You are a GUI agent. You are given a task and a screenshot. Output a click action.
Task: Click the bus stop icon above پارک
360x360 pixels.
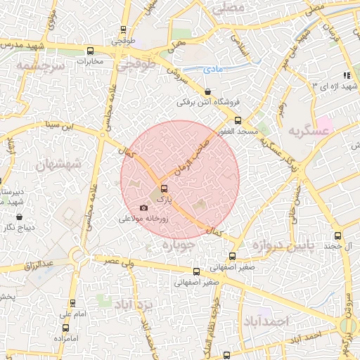coord(165,188)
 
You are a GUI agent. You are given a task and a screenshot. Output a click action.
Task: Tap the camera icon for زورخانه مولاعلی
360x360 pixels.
coord(144,208)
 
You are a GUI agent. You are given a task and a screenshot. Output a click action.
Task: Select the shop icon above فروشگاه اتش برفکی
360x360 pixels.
coord(207,92)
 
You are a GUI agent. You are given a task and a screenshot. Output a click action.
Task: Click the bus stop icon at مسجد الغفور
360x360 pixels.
coord(238,120)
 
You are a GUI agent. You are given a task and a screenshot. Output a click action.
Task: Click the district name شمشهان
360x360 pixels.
coord(57,164)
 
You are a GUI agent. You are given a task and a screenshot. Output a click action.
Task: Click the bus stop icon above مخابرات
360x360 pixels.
coord(89,51)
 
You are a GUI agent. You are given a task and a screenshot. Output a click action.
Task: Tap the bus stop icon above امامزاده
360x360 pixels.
coord(65,328)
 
